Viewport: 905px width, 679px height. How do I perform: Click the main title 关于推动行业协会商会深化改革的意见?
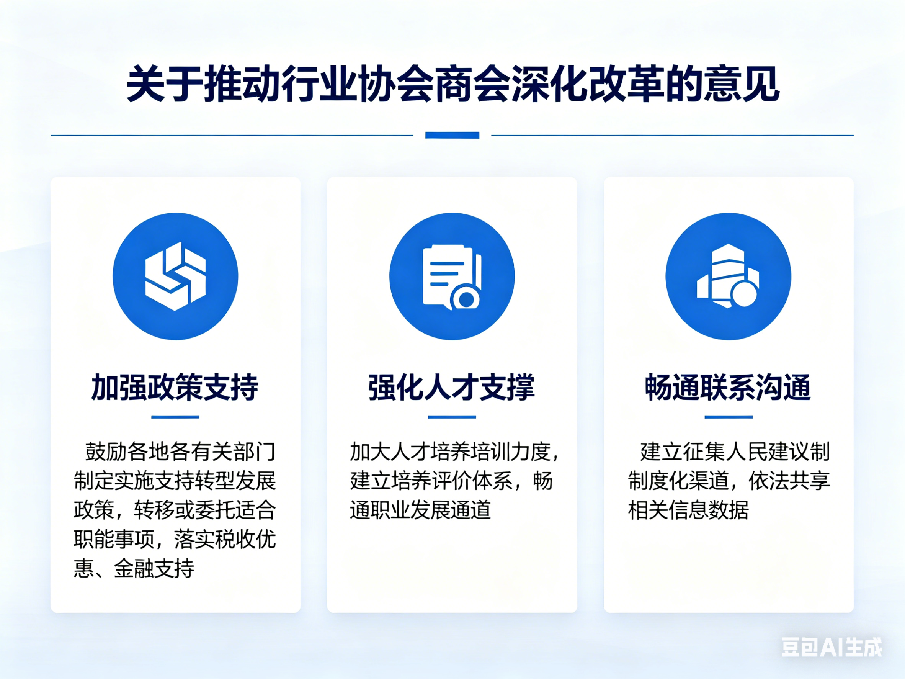tap(452, 84)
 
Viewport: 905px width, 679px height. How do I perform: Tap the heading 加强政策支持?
tap(175, 387)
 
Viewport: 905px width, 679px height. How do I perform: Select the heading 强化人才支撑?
tap(452, 387)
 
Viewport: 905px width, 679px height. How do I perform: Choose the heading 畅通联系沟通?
tap(728, 387)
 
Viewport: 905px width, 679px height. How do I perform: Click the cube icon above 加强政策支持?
tap(175, 276)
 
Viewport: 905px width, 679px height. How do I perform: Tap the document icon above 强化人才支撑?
tap(452, 276)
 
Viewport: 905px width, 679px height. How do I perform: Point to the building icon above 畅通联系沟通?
tap(728, 276)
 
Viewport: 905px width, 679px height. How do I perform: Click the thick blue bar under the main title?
tap(452, 135)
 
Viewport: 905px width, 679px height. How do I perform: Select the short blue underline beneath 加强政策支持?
tap(175, 417)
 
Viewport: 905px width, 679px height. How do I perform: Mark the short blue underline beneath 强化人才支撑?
tap(452, 417)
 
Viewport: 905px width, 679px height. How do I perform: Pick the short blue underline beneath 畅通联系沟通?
tap(728, 417)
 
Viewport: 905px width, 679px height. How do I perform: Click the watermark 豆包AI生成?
tap(832, 647)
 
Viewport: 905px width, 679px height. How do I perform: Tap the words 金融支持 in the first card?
tap(154, 568)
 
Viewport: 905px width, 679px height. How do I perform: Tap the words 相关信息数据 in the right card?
tap(688, 510)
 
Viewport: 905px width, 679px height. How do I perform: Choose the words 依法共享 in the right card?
tap(789, 481)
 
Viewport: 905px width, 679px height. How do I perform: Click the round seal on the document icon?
tap(466, 299)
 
